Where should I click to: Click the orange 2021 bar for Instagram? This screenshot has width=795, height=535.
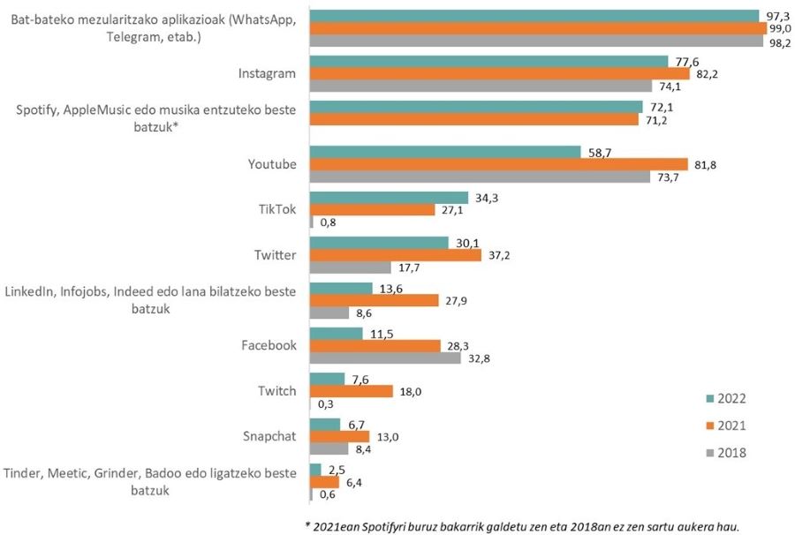pos(499,73)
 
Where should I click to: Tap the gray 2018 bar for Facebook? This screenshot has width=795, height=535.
pos(385,358)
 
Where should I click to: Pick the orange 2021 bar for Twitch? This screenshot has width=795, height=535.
pos(352,391)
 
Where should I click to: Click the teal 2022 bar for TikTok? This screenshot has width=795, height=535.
pos(389,198)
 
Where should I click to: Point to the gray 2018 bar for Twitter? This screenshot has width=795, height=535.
pos(351,267)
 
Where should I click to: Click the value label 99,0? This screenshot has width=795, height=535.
pos(780,28)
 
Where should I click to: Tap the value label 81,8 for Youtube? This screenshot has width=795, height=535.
pos(704,164)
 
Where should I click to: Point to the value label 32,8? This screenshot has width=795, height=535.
pos(477,358)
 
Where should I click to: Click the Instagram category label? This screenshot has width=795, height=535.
pos(268,73)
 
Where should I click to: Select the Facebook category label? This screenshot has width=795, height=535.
pos(269,345)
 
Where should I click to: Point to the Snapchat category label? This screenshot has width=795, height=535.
pos(269,436)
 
